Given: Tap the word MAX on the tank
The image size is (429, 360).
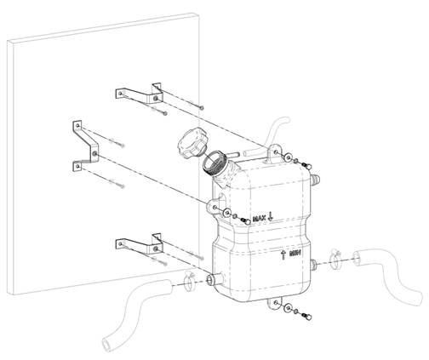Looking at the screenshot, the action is [x=260, y=219].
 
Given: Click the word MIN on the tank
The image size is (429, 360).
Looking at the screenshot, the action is [x=295, y=254].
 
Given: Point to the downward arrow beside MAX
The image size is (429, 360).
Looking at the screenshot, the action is [x=270, y=217].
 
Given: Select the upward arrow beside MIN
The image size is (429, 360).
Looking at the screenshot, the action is [x=283, y=254].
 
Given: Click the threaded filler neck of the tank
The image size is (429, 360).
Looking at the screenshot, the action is [x=214, y=164].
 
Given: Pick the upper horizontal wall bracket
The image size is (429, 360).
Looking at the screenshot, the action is [x=139, y=94].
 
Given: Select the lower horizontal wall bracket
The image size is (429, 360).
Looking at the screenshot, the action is [x=139, y=243].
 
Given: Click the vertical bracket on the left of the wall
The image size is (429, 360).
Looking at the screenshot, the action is [x=86, y=146].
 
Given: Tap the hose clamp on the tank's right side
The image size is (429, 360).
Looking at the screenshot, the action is [x=335, y=259].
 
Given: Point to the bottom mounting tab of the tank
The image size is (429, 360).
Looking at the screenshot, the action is [x=275, y=303].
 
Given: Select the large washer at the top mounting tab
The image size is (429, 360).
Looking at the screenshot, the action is [x=289, y=157].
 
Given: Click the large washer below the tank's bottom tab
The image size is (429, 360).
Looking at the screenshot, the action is [x=289, y=308].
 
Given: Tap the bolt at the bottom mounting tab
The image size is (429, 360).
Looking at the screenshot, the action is [x=306, y=316].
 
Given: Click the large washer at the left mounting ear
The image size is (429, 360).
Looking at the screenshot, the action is [x=227, y=213].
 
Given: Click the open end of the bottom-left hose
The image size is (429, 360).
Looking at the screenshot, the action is [x=106, y=345].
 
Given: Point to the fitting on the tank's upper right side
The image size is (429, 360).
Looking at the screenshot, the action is [x=315, y=180].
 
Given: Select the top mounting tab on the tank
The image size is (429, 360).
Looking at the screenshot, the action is [x=274, y=151].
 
